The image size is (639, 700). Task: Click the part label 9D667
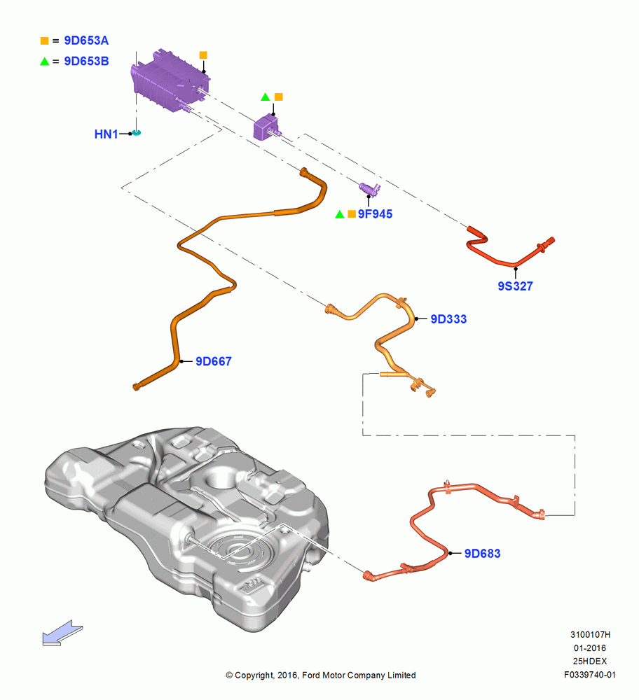(214, 361)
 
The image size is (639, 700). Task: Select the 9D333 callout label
(448, 319)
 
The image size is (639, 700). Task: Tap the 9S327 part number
(515, 286)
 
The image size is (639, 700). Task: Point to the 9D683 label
(483, 554)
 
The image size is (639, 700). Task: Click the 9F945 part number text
(376, 214)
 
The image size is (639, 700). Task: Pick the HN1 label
(106, 134)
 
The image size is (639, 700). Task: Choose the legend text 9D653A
(86, 41)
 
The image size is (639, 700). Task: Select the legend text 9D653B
(86, 61)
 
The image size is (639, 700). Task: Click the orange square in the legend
(44, 41)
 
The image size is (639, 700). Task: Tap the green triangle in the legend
(44, 62)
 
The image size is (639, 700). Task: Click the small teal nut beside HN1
(137, 133)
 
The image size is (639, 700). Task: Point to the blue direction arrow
(62, 633)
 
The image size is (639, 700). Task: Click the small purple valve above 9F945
(370, 189)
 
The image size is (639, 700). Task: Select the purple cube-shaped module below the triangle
(266, 127)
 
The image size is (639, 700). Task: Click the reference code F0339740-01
(590, 675)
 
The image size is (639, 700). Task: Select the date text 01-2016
(590, 648)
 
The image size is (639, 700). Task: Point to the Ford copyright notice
(321, 675)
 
